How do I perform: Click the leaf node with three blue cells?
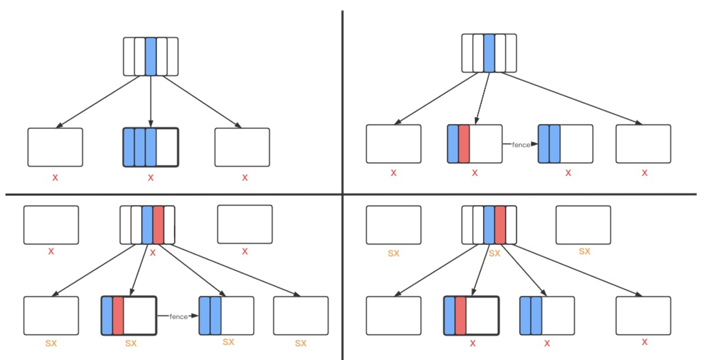click(151, 147)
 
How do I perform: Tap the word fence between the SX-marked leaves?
click(178, 316)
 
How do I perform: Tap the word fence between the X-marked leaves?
click(521, 145)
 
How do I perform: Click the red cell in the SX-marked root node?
click(500, 225)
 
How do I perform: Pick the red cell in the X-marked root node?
click(158, 225)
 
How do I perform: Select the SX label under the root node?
click(494, 253)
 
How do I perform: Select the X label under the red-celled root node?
click(153, 253)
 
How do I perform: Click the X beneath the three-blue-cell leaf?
click(151, 177)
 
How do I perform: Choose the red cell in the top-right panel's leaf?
click(464, 144)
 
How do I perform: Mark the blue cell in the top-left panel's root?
click(151, 57)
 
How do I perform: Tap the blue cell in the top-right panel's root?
click(489, 53)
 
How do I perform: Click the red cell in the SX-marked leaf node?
click(118, 315)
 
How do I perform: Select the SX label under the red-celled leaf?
click(131, 343)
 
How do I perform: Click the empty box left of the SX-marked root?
click(393, 225)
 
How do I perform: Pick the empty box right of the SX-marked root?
click(583, 225)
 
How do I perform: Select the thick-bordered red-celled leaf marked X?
click(471, 315)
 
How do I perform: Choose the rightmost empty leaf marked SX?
click(301, 315)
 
